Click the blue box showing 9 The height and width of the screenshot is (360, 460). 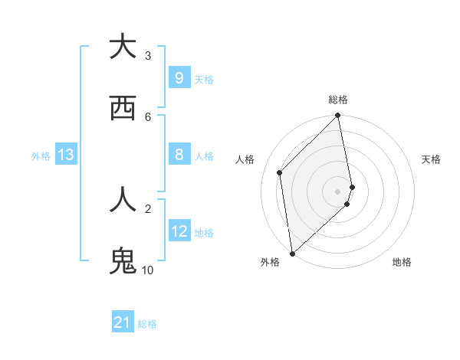point(179,77)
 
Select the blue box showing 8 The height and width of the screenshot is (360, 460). point(179,155)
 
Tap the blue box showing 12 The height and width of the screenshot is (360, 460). point(179,231)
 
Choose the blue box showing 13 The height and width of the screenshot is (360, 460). point(66,155)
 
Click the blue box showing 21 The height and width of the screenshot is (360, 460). point(123,322)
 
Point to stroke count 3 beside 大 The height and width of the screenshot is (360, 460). point(148,55)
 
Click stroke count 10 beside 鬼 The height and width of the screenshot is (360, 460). point(148,270)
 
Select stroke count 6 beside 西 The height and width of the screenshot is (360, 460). point(148,116)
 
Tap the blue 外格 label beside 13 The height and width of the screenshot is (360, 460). point(41,155)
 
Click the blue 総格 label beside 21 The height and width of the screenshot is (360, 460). point(147,324)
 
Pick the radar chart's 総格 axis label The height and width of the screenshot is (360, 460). point(338,100)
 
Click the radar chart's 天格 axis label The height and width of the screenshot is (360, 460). point(431,159)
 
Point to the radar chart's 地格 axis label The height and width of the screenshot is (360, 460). point(402,262)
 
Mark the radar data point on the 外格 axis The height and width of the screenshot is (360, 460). point(292,253)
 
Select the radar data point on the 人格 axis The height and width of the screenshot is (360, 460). point(280,172)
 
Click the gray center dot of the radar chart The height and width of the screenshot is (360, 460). point(338,191)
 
